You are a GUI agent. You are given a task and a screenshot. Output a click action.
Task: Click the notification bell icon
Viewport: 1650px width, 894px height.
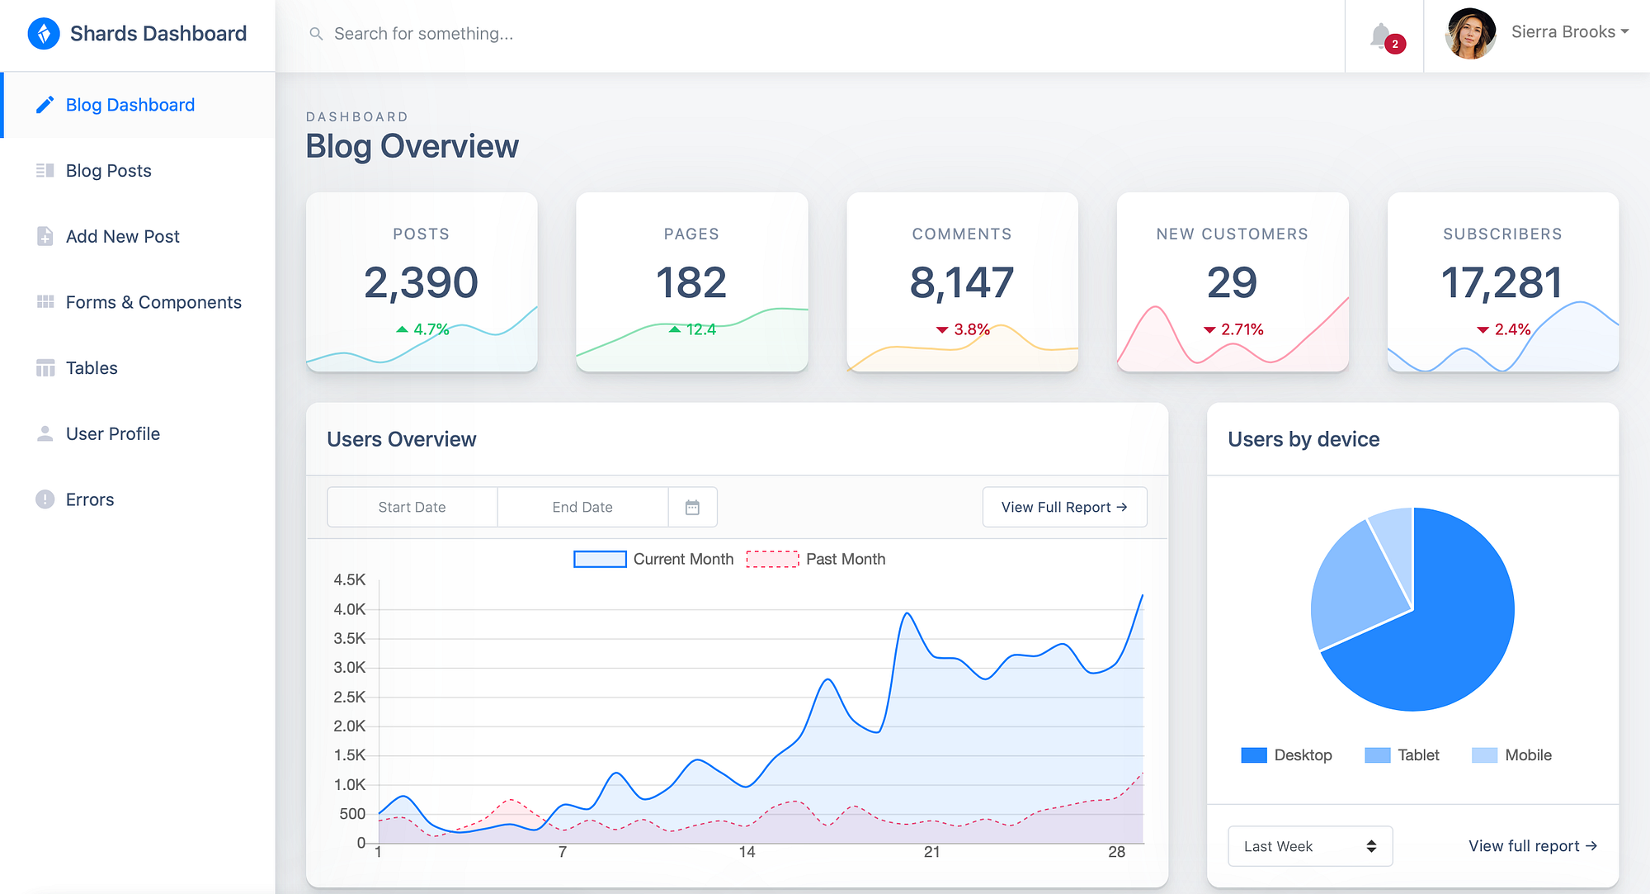click(x=1381, y=35)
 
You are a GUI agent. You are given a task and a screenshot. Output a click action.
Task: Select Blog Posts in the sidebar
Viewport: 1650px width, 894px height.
click(x=108, y=171)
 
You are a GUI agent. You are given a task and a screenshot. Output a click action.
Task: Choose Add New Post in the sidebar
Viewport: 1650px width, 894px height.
click(x=122, y=237)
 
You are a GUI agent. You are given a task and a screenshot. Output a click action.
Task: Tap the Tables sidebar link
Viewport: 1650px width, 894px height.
click(x=92, y=368)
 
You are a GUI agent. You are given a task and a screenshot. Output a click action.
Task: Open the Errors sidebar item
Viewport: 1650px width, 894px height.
click(x=90, y=499)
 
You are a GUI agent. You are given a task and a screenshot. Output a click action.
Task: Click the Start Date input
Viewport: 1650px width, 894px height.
click(x=412, y=507)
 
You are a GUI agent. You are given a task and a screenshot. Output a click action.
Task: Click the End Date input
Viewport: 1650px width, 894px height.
click(x=582, y=507)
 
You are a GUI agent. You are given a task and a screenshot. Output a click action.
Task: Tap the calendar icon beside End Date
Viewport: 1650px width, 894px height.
click(x=692, y=507)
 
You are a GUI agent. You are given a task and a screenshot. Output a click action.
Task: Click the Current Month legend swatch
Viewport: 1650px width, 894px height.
click(x=600, y=559)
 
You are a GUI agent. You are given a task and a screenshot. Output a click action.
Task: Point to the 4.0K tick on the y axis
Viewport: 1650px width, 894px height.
click(x=349, y=609)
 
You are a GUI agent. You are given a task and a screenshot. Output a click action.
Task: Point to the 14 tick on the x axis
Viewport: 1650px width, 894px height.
click(x=747, y=852)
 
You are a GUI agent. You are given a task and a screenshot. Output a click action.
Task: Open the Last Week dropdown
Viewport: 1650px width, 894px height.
click(x=1309, y=846)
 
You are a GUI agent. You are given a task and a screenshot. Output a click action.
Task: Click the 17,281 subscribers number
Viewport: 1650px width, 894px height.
click(x=1501, y=282)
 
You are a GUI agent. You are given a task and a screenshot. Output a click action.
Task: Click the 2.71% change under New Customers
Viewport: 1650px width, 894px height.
click(x=1242, y=329)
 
